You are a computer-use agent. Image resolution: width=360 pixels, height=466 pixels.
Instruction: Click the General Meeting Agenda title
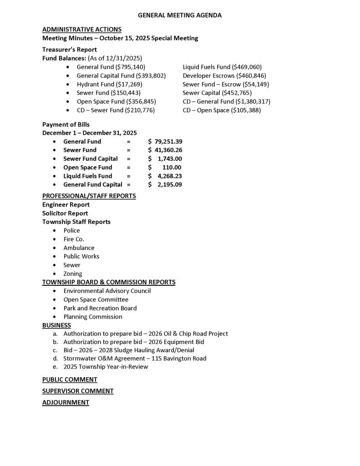(179, 15)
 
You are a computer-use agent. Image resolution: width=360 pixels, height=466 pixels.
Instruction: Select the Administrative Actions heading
(81, 30)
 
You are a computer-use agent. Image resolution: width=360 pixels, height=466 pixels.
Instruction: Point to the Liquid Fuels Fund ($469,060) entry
(222, 67)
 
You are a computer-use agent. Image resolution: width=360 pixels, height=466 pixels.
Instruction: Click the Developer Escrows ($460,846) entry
(224, 76)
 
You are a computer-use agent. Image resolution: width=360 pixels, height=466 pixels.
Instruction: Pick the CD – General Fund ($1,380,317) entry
(226, 101)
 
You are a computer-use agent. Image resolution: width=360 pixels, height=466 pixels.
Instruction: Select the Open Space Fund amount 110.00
(172, 167)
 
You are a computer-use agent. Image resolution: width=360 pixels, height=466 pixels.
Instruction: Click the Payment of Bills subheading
(66, 124)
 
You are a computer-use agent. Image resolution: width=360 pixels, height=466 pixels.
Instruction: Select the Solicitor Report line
(65, 213)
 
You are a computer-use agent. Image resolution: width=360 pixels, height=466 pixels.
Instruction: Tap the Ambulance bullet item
(79, 248)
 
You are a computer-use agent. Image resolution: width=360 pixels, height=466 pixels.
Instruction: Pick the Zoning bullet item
(73, 274)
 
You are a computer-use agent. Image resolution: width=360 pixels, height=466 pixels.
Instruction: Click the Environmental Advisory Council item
(107, 291)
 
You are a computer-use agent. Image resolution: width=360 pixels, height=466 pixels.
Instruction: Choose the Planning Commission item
(93, 317)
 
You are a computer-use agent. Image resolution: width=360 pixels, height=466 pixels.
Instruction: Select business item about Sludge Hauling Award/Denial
(129, 350)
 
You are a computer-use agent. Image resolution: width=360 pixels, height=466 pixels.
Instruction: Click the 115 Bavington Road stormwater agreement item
(135, 359)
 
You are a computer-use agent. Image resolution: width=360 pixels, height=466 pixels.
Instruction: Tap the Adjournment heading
(66, 402)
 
